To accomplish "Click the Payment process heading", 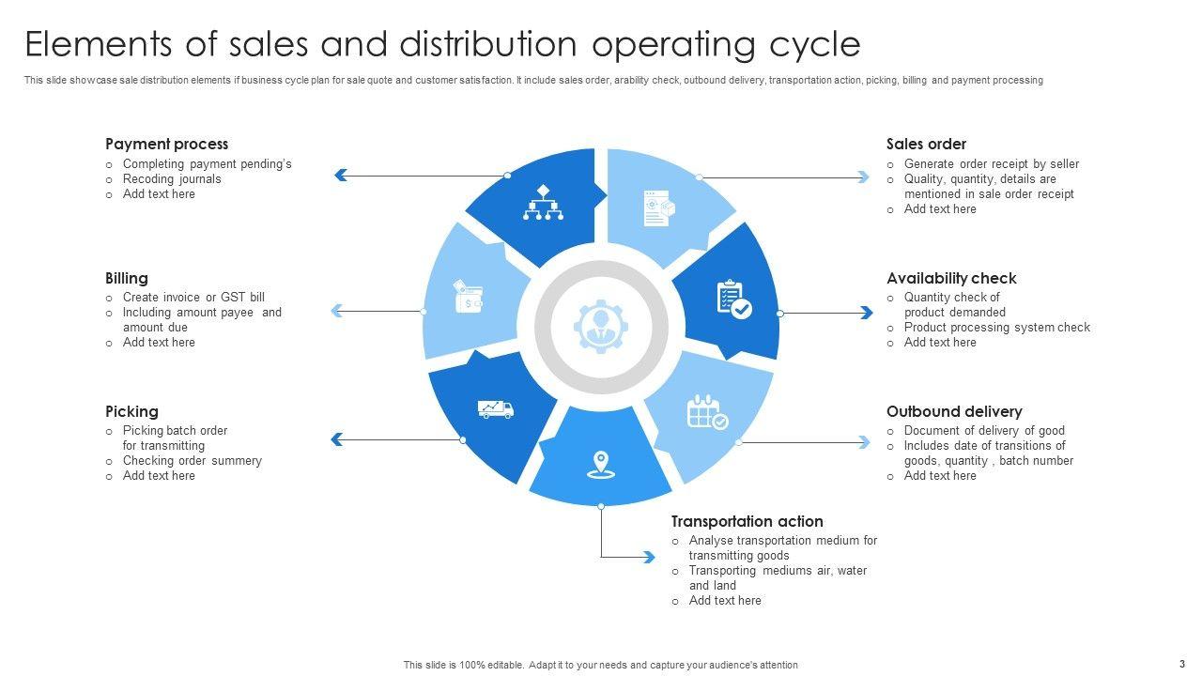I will point(166,144).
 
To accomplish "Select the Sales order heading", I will point(926,144).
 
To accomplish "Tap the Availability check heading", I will point(951,278).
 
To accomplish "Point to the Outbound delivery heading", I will point(954,411).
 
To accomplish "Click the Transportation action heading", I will point(747,521).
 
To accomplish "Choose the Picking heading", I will point(131,411).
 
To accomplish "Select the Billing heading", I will point(126,278).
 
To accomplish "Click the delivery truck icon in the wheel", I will point(495,408).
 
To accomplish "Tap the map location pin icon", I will point(599,464).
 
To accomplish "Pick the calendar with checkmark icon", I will point(707,411).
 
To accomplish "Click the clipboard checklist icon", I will point(733,300).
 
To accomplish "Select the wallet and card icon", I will point(468,296).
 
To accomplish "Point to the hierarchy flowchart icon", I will point(543,203).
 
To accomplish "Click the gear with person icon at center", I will point(600,327).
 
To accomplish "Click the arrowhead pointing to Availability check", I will point(866,313).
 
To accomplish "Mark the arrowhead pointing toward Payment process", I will point(341,175).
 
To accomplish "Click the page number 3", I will point(1182,663).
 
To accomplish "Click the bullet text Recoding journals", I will point(172,178).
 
